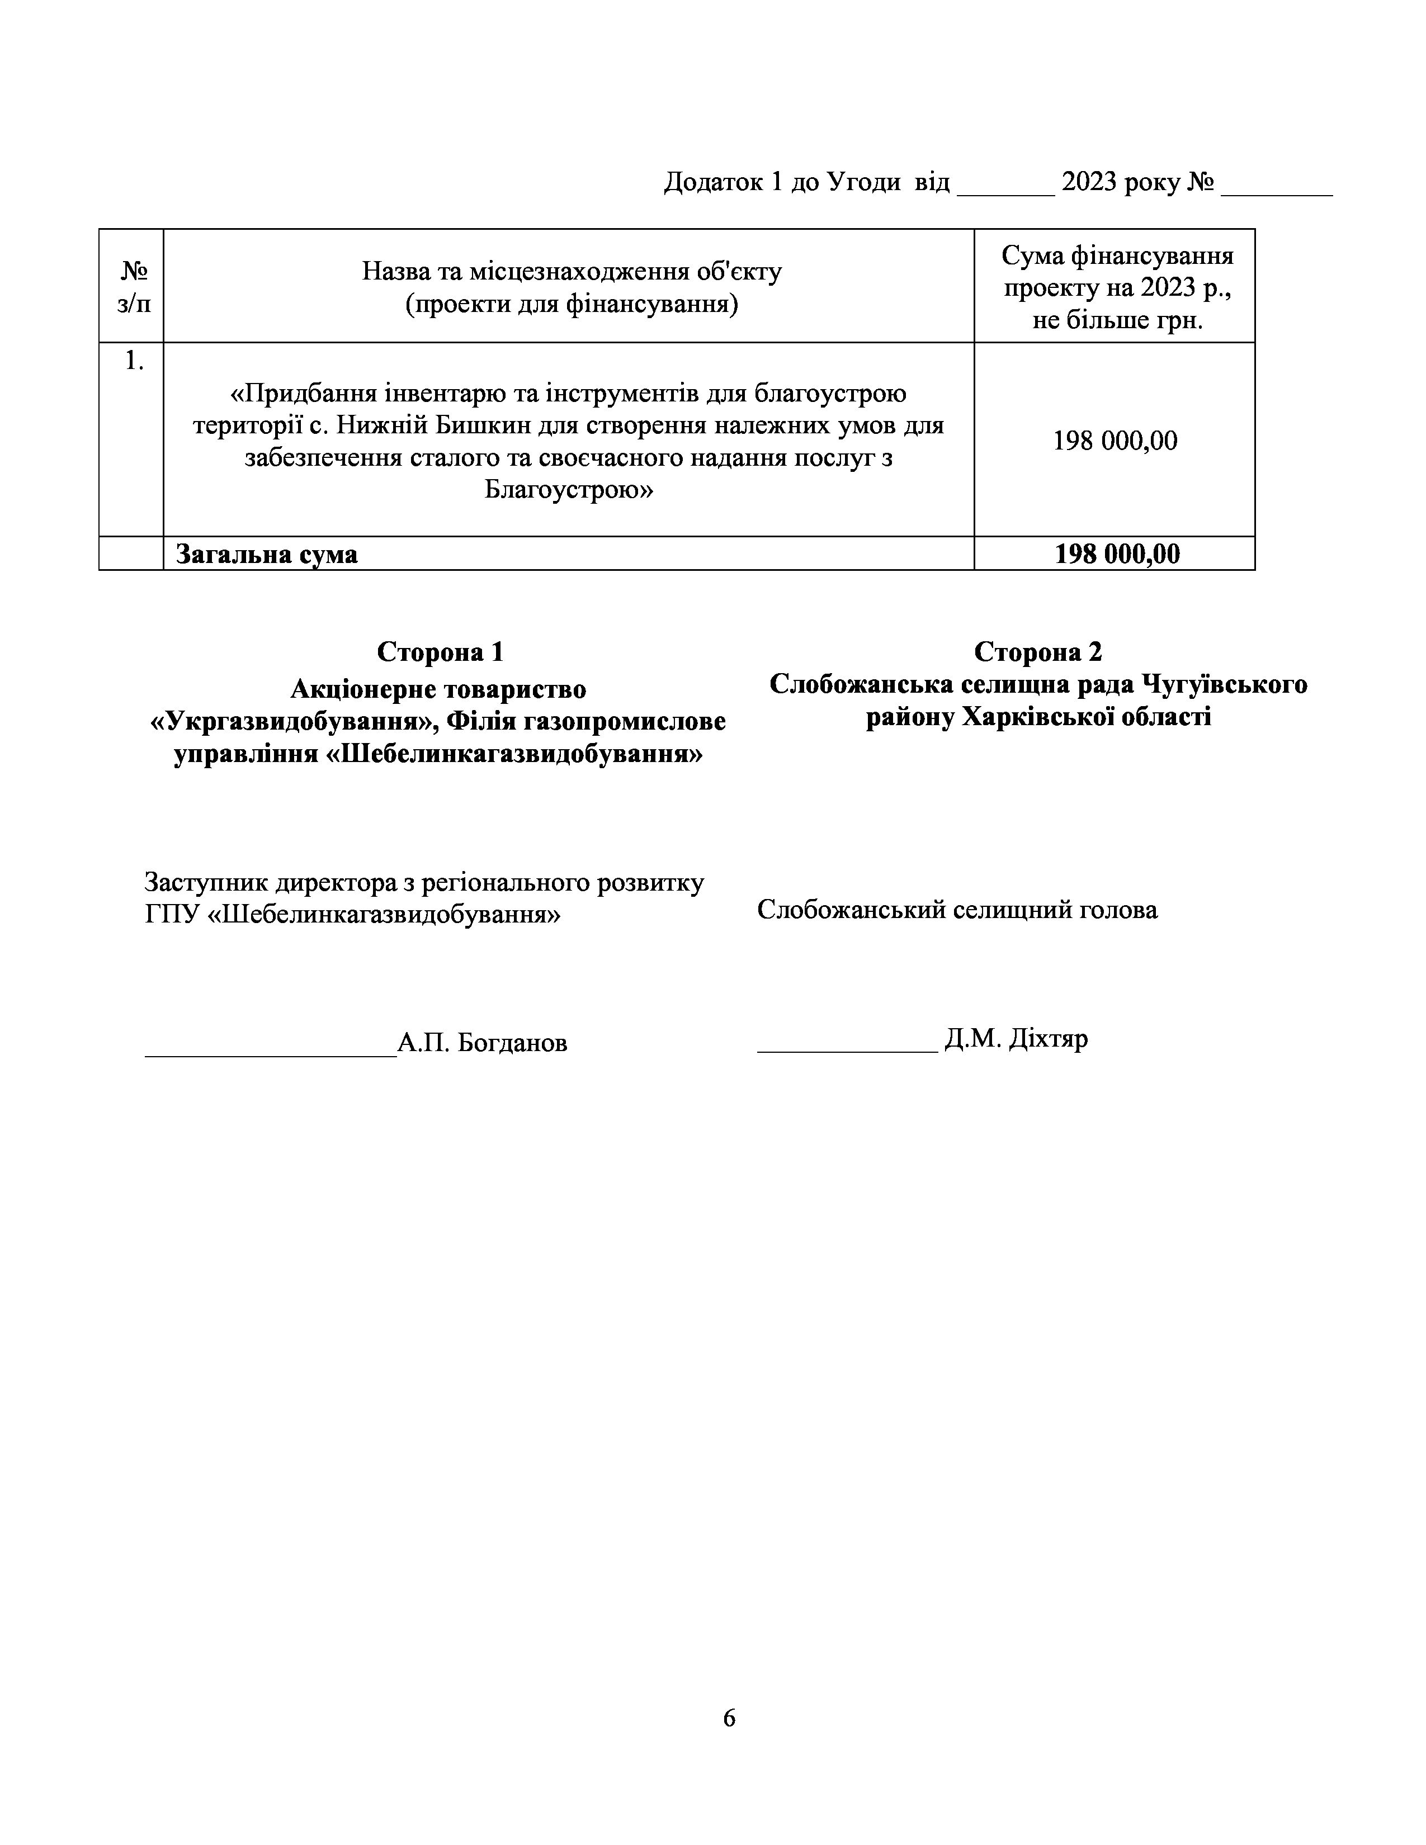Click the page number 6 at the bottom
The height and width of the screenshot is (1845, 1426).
point(729,1718)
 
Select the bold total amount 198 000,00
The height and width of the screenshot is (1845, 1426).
point(1117,554)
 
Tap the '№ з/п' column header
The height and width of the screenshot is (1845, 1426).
point(134,287)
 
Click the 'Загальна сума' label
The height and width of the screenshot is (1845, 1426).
point(266,554)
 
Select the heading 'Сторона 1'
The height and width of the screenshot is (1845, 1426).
point(440,651)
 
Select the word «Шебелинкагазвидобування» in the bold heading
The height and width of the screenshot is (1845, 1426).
point(513,754)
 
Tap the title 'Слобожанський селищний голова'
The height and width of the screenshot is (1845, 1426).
point(957,910)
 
